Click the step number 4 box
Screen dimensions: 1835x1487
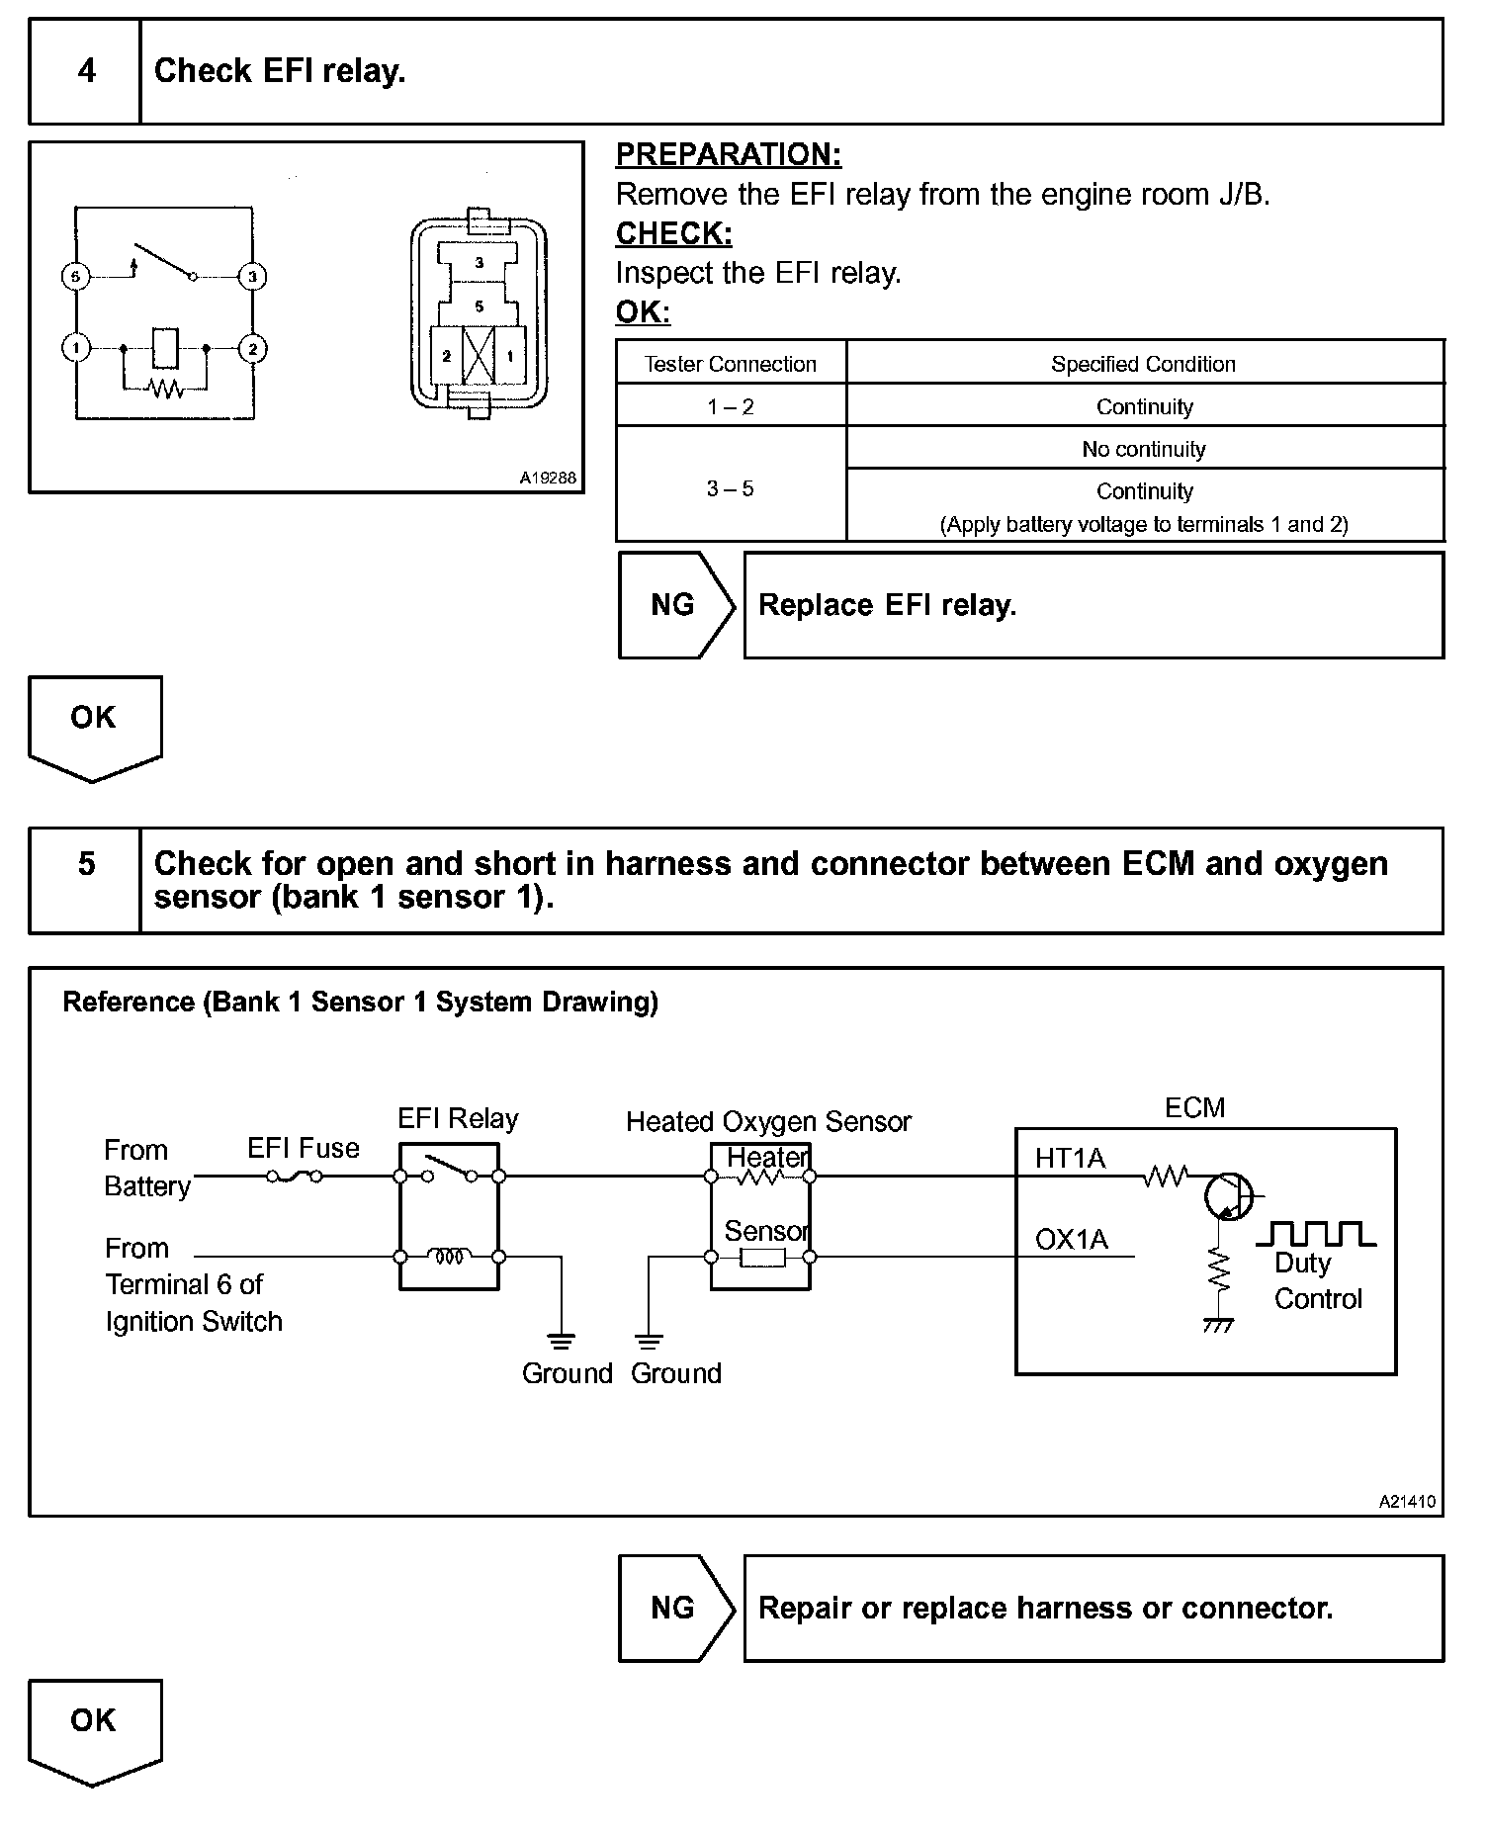86,71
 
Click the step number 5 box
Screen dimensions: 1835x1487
86,864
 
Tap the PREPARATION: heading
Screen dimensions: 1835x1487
729,154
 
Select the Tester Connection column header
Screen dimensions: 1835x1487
731,364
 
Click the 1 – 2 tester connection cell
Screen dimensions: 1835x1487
731,406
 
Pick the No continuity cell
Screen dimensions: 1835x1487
1144,449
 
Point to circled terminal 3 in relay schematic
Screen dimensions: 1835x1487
252,277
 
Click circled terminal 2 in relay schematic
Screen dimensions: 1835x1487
252,348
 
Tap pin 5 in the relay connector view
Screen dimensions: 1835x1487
480,306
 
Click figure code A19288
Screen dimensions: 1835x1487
548,478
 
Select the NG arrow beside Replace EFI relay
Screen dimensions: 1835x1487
675,605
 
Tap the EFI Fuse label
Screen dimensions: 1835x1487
304,1148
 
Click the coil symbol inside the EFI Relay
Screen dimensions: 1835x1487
450,1257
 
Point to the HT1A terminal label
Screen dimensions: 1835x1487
1070,1158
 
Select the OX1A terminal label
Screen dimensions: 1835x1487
1071,1239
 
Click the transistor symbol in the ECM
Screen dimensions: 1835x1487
1229,1196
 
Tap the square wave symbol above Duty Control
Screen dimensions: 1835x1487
1315,1234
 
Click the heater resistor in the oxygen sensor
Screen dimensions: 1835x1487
760,1177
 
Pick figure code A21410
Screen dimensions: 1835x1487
1407,1501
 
